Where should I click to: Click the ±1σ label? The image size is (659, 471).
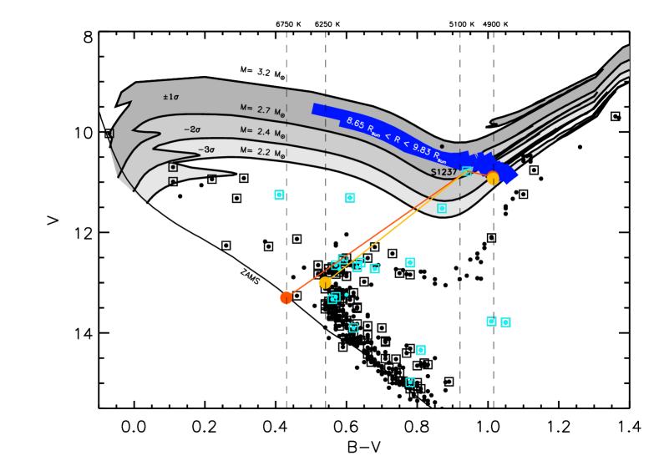point(170,97)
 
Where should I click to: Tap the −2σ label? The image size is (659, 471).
point(192,129)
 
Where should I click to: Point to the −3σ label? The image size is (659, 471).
point(206,149)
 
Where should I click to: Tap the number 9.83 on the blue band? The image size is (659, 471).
point(420,148)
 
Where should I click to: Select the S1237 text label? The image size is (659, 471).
point(444,172)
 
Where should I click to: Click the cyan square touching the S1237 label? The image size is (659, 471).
point(467,170)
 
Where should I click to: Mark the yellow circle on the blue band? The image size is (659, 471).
point(493,177)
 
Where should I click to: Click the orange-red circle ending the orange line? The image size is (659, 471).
point(286,297)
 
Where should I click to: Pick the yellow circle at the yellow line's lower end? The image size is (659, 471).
point(325,282)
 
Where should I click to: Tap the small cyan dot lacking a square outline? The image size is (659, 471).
point(347,295)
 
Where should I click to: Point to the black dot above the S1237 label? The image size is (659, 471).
point(442,146)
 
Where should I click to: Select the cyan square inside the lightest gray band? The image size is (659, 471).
point(442,208)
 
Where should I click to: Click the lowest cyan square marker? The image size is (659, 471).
point(410,382)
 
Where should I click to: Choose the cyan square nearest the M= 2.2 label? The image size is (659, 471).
point(279,195)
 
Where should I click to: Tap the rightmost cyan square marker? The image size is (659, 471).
point(505,322)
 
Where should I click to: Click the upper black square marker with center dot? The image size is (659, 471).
point(173,167)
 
